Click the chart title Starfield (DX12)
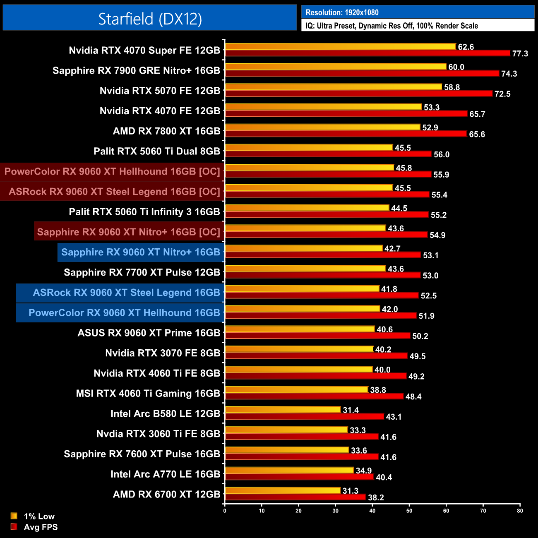pyautogui.click(x=150, y=19)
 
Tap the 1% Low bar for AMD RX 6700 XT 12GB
pyautogui.click(x=283, y=490)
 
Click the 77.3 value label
pyautogui.click(x=520, y=54)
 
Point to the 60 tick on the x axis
pyautogui.click(x=446, y=511)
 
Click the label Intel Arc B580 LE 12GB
pyautogui.click(x=165, y=414)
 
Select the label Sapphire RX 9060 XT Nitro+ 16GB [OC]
pyautogui.click(x=128, y=232)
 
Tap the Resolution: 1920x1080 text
pyautogui.click(x=342, y=12)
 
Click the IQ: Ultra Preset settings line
pyautogui.click(x=391, y=26)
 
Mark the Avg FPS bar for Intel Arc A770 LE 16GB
pyautogui.click(x=299, y=477)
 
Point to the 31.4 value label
pyautogui.click(x=351, y=410)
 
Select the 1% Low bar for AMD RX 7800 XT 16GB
pyautogui.click(x=323, y=127)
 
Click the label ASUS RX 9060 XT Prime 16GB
pyautogui.click(x=149, y=333)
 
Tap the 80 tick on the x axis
pyautogui.click(x=520, y=511)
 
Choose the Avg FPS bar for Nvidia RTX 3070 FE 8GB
pyautogui.click(x=316, y=356)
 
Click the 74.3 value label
pyautogui.click(x=509, y=74)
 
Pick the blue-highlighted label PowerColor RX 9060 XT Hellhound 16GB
pyautogui.click(x=124, y=313)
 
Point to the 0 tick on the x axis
pyautogui.click(x=225, y=511)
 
